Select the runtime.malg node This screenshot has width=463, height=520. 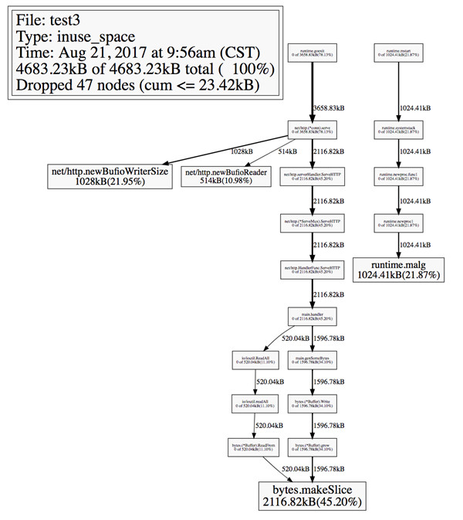pos(397,268)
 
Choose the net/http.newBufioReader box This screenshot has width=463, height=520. pos(225,175)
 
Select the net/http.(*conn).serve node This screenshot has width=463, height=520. pos(311,127)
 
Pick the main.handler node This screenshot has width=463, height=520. pos(311,314)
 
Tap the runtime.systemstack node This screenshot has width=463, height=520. pos(397,127)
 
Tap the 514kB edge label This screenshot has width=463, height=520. pos(286,151)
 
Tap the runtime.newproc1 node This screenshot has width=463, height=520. pos(397,224)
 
